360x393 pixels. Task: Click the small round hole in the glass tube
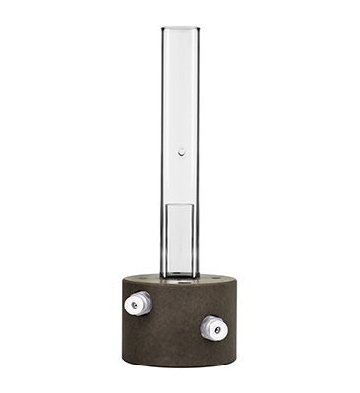(x=181, y=151)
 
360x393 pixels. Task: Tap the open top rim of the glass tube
(x=180, y=28)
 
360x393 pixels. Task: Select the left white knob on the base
(x=136, y=304)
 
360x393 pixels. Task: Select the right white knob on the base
(x=213, y=327)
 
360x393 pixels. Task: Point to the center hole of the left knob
(x=135, y=305)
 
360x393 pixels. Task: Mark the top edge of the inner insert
(x=180, y=203)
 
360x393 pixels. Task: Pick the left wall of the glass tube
(x=162, y=147)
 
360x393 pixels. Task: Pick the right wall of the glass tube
(x=198, y=147)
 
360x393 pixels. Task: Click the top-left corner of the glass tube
(x=161, y=28)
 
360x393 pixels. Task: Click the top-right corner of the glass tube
(x=199, y=28)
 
